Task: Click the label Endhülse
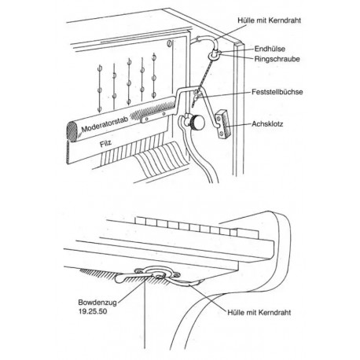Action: (x=270, y=49)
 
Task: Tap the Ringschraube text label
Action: (x=277, y=59)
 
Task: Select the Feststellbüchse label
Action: (x=277, y=92)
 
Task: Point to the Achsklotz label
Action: (x=267, y=124)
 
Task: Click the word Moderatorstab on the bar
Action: (x=105, y=124)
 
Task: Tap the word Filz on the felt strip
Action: (x=105, y=144)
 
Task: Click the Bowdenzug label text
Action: (x=97, y=303)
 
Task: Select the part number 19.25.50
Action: (x=93, y=311)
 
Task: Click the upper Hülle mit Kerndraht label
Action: (x=270, y=20)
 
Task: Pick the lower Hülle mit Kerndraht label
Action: (x=259, y=312)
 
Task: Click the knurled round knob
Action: (x=197, y=123)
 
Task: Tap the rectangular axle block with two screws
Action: (x=223, y=123)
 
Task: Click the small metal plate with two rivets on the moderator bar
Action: (x=155, y=117)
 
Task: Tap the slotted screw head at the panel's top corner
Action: (x=170, y=43)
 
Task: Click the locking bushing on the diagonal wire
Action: (x=197, y=93)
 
